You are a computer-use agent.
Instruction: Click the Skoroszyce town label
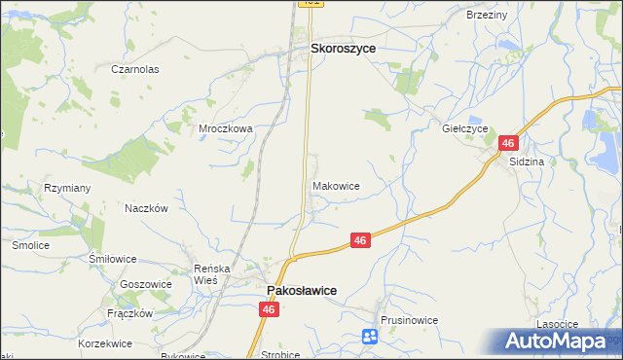(343, 47)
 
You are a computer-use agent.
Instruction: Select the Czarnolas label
(134, 70)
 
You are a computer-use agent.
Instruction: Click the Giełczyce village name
(464, 127)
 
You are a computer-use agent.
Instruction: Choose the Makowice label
(337, 185)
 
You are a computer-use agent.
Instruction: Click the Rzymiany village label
(67, 188)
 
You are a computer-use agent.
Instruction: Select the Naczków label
(147, 208)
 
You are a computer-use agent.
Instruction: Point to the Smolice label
(30, 245)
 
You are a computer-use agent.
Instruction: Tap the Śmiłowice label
(112, 259)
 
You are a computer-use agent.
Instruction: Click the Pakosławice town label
(302, 291)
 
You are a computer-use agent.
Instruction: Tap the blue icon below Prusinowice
(370, 338)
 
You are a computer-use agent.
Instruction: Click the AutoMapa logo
(557, 342)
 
